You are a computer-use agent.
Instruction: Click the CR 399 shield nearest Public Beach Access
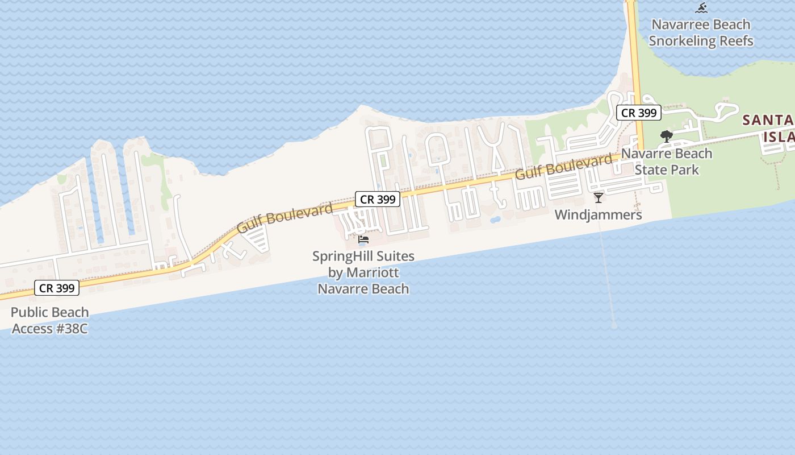point(57,288)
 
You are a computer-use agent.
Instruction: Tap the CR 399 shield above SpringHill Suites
point(378,199)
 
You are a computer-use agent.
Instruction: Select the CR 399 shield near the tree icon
point(639,113)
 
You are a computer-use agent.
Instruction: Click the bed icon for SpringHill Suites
point(363,239)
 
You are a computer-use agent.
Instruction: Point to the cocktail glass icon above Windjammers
point(599,197)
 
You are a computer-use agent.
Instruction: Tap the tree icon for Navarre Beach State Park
point(666,136)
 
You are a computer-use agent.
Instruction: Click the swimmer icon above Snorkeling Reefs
point(701,8)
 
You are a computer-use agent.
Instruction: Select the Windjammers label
point(598,215)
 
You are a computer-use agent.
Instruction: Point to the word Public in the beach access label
point(30,312)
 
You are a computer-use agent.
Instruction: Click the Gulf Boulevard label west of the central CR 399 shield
point(285,218)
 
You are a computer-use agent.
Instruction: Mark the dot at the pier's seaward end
point(614,326)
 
